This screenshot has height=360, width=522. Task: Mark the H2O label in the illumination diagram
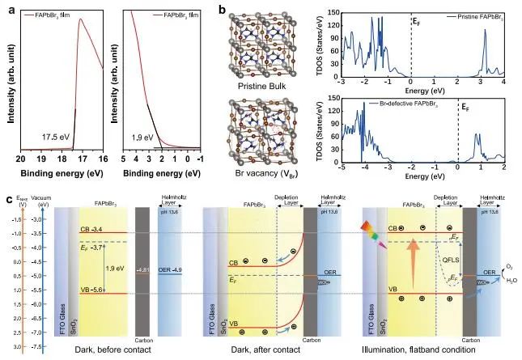[509, 283]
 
